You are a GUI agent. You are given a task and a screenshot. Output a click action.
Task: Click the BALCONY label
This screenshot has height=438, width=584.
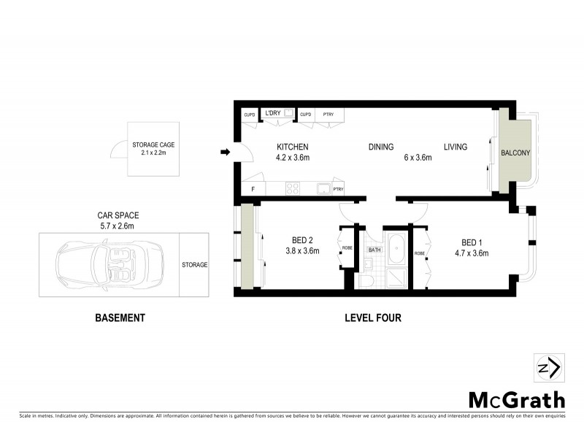tap(515, 153)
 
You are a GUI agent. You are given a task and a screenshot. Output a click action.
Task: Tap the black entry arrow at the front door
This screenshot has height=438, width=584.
tap(226, 153)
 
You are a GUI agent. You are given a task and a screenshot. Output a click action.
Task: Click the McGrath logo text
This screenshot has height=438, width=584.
tap(516, 399)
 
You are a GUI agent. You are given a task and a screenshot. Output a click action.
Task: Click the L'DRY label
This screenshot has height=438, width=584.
tap(273, 113)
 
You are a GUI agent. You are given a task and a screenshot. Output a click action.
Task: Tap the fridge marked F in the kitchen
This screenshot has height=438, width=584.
tap(253, 189)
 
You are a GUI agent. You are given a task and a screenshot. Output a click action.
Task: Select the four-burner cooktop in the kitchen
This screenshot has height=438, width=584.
tap(293, 188)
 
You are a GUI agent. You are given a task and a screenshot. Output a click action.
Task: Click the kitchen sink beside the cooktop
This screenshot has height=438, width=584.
tap(322, 188)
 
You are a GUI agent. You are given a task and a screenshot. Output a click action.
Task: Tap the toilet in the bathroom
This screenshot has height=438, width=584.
tap(367, 280)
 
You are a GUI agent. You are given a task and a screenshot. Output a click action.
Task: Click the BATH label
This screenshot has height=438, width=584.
tap(374, 250)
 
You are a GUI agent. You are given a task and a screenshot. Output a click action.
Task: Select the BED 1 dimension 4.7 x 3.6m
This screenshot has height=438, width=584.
tap(470, 253)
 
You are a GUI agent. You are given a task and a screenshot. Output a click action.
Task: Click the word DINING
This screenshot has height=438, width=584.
tap(381, 147)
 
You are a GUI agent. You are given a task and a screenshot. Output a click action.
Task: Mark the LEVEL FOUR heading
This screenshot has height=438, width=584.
tap(373, 318)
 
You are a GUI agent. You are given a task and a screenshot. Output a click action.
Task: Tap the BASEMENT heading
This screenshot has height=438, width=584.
tap(120, 318)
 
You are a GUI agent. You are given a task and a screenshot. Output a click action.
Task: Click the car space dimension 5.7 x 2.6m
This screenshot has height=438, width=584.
tap(118, 226)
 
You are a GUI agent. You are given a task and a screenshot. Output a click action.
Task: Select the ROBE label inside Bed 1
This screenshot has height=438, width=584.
tap(420, 253)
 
